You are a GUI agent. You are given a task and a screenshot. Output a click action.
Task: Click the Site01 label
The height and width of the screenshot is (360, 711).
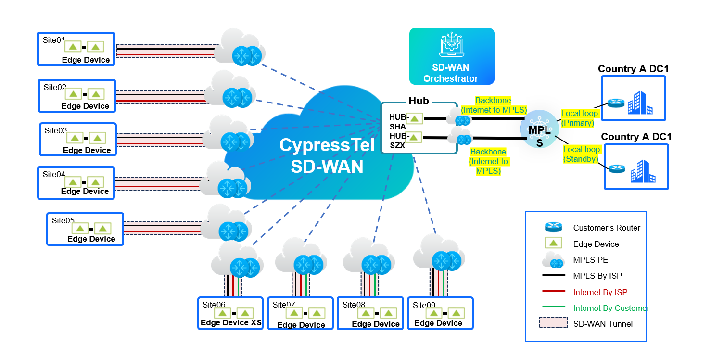(x=53, y=40)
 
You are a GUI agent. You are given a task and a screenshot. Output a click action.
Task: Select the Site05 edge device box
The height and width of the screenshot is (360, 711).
(x=85, y=229)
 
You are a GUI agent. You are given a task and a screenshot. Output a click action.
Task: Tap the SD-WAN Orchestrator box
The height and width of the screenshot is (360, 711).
(x=451, y=56)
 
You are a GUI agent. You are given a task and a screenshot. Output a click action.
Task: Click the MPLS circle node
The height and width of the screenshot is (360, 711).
(x=540, y=129)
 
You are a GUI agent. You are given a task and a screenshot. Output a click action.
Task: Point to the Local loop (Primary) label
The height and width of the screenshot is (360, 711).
(x=579, y=118)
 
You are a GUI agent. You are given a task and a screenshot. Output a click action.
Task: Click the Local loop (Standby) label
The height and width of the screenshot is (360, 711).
(x=581, y=154)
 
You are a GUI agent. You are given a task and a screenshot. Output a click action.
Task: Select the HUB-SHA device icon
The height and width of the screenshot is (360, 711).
(x=414, y=118)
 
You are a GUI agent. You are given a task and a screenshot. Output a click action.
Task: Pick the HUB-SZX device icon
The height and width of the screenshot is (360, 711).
(x=414, y=137)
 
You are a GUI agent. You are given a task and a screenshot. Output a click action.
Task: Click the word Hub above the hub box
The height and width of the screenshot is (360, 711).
(x=419, y=101)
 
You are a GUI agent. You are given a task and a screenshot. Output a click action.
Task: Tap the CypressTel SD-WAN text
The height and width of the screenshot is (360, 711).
(x=327, y=155)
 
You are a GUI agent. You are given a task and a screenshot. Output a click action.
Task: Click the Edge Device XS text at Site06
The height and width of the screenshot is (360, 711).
(x=231, y=322)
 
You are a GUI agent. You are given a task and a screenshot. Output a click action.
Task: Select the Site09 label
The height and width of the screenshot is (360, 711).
(x=424, y=305)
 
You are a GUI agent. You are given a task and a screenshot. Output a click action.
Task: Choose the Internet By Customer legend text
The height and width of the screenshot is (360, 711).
(x=611, y=308)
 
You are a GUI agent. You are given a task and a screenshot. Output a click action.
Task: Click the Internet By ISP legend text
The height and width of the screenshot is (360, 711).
(x=600, y=292)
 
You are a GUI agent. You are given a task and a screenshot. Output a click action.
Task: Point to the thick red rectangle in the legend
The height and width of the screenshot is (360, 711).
(x=553, y=322)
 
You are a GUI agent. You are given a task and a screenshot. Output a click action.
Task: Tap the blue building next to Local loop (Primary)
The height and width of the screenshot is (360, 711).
(x=640, y=103)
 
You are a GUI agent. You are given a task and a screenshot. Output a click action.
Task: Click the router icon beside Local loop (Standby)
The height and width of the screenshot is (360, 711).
(x=616, y=168)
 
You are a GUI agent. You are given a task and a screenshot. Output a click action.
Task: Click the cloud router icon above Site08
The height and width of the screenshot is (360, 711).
(x=376, y=265)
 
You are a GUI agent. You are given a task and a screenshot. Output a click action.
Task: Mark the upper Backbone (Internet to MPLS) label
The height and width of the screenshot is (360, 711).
(x=494, y=105)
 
